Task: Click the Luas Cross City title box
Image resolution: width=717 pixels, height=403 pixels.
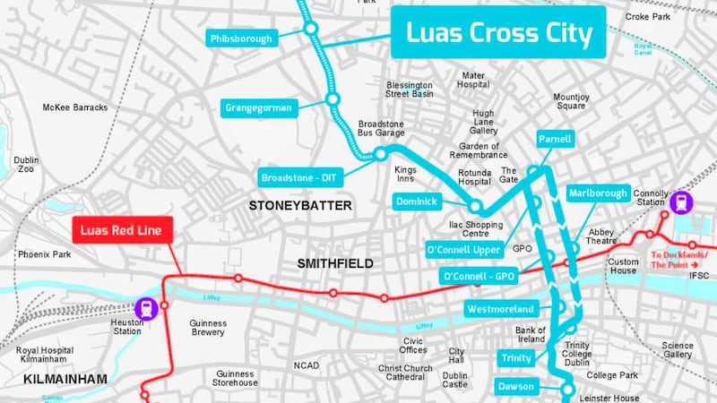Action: pyautogui.click(x=498, y=34)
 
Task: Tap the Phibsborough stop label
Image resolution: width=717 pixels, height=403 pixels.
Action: pyautogui.click(x=239, y=39)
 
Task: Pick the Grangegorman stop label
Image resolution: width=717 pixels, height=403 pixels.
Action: pyautogui.click(x=258, y=107)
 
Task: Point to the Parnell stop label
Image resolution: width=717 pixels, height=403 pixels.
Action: pyautogui.click(x=555, y=140)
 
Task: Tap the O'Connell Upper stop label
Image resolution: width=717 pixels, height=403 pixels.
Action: pyautogui.click(x=462, y=248)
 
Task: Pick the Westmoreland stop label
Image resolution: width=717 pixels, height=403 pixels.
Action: pyautogui.click(x=500, y=309)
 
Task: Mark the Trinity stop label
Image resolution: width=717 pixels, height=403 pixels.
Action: pyautogui.click(x=516, y=358)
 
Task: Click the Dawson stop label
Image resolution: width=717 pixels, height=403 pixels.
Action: pyautogui.click(x=516, y=387)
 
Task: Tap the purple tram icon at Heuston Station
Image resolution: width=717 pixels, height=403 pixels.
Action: pyautogui.click(x=146, y=309)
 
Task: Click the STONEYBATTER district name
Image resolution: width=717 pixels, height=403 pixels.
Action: pyautogui.click(x=300, y=206)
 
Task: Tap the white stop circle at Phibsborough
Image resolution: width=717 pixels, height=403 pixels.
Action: pyautogui.click(x=310, y=30)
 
